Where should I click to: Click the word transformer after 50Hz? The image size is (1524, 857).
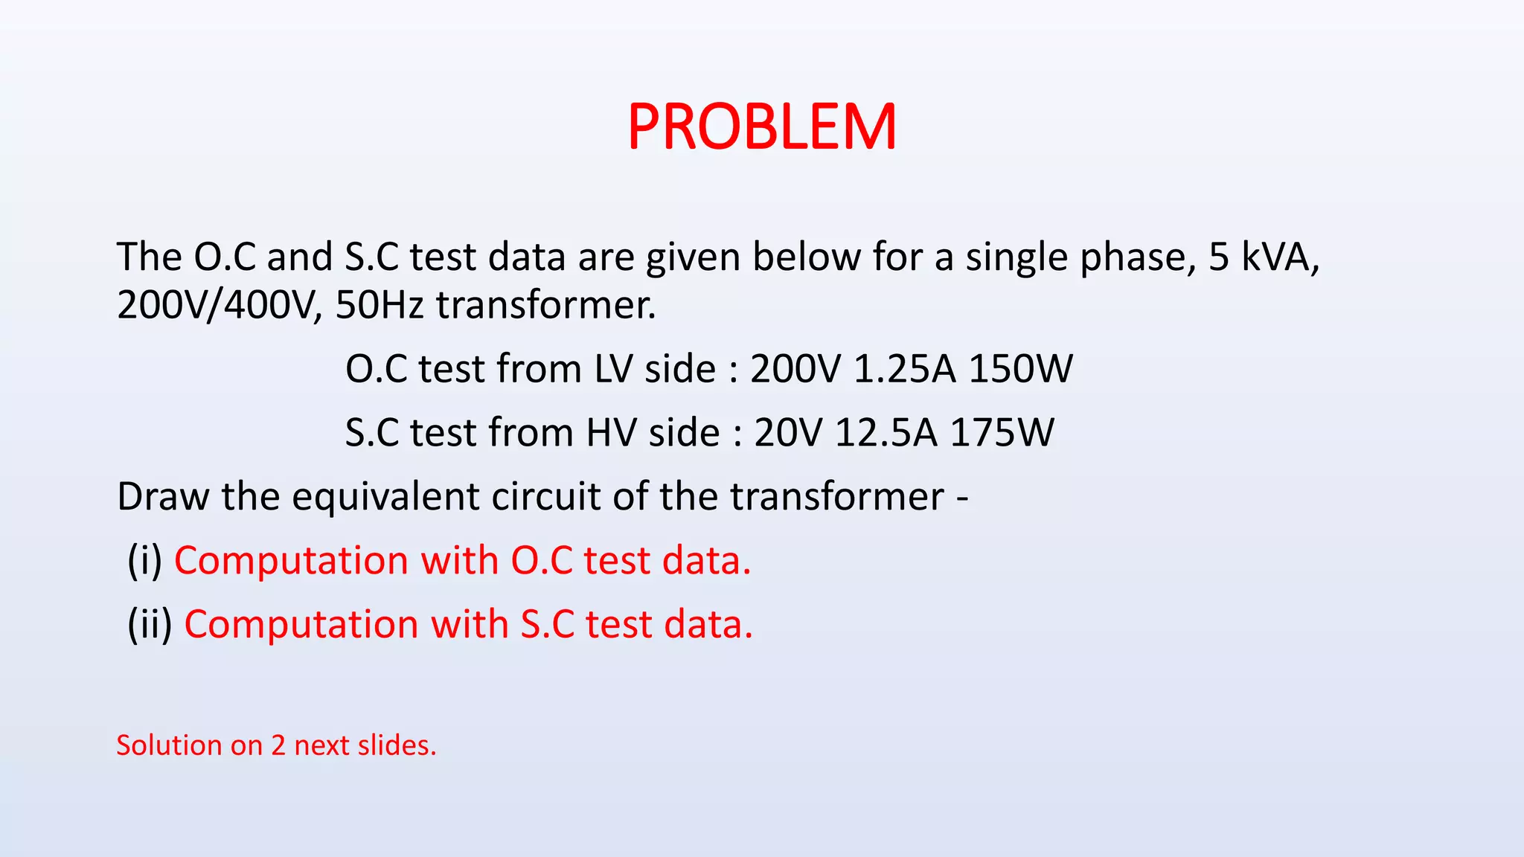pos(545,305)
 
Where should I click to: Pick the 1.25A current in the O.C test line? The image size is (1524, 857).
pos(904,369)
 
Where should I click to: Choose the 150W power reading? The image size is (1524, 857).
pos(1020,369)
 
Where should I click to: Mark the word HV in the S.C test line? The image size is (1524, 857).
pos(611,433)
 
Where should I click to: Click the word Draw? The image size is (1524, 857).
pos(163,497)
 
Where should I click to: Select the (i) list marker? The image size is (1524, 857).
pos(144,561)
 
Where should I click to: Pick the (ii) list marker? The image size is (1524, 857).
pos(150,625)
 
